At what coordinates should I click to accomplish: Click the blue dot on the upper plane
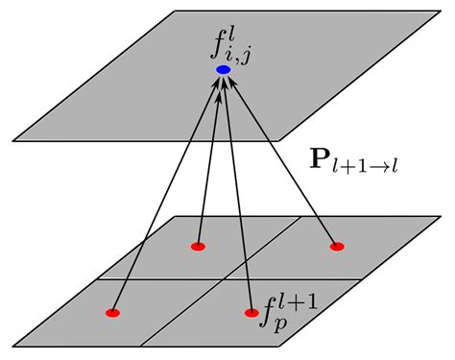pos(223,70)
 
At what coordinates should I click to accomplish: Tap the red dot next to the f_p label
pos(251,313)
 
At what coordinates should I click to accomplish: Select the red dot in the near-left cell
pos(112,313)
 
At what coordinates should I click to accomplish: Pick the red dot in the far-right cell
pos(337,247)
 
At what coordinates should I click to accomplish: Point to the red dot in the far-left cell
pos(198,247)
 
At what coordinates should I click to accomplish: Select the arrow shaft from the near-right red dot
pos(238,192)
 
